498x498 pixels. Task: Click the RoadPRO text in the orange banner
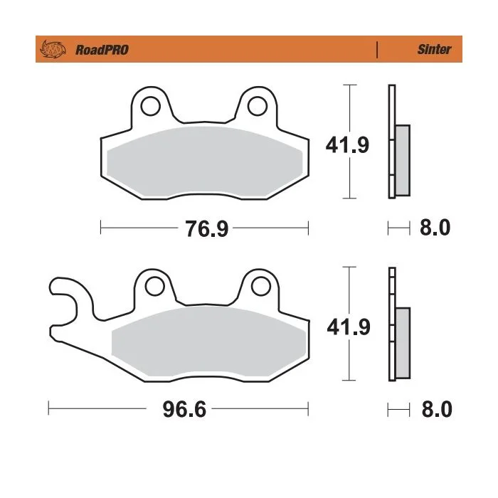pyautogui.click(x=102, y=50)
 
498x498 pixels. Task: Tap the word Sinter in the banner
pyautogui.click(x=434, y=49)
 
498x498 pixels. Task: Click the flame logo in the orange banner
pyautogui.click(x=53, y=49)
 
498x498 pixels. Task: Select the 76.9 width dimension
pyautogui.click(x=207, y=228)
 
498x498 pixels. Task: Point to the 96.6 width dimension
pyautogui.click(x=184, y=409)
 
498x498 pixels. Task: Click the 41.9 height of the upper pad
pyautogui.click(x=347, y=145)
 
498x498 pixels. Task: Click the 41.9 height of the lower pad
pyautogui.click(x=349, y=327)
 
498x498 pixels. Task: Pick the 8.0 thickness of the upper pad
pyautogui.click(x=435, y=228)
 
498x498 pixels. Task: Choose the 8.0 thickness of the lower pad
pyautogui.click(x=437, y=409)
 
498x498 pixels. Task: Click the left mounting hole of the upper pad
pyautogui.click(x=150, y=106)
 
